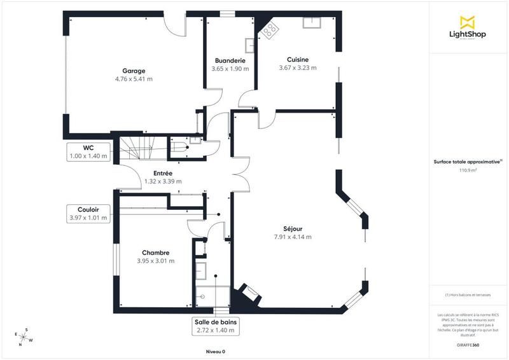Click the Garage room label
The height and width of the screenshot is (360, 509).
134,71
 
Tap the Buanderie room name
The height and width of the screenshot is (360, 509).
230,60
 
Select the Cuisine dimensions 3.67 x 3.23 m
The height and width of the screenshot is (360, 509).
297,68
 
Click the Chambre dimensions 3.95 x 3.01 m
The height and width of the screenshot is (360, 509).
155,261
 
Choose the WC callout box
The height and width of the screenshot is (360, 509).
88,151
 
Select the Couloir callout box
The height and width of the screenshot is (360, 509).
88,214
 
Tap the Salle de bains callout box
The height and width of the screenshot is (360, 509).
216,326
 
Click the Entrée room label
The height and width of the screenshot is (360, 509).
164,173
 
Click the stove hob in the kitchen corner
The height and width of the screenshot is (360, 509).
270,29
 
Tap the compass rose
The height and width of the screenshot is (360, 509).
24,336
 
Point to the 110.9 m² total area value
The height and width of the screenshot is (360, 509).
468,170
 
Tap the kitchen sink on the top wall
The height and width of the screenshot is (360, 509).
312,24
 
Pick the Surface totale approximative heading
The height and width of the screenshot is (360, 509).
468,162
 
